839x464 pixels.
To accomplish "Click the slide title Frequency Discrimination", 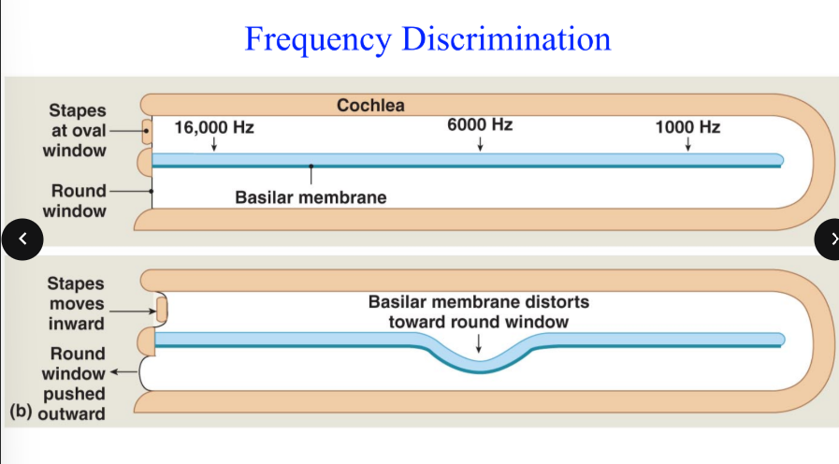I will [427, 39].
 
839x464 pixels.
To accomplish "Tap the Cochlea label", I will [370, 106].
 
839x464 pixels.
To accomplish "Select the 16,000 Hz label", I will [214, 127].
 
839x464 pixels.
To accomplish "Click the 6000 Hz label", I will [480, 125].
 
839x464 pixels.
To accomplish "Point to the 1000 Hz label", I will [687, 127].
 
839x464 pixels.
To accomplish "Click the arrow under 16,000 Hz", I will [214, 144].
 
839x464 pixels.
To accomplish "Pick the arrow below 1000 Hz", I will [687, 144].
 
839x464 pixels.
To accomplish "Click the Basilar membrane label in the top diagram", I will [311, 198].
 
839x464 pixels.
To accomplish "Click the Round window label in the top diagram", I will [79, 200].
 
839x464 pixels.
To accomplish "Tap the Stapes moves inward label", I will [77, 303].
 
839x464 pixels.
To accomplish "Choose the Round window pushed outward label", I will [77, 384].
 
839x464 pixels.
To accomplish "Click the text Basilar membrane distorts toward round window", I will [479, 312].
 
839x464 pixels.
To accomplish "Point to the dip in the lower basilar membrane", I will [479, 365].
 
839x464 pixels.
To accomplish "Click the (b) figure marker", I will [20, 412].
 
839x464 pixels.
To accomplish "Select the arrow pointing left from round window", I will [125, 374].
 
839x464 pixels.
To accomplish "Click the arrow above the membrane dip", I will [479, 343].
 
